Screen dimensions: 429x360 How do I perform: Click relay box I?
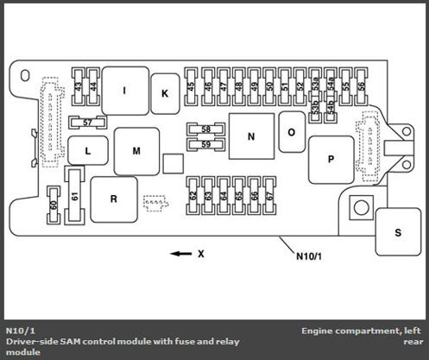(x=125, y=91)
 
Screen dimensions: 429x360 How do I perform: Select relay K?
(x=165, y=93)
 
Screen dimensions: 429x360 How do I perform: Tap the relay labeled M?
(x=136, y=151)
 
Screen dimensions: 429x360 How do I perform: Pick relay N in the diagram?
(x=251, y=136)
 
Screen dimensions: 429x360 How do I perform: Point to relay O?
(x=292, y=132)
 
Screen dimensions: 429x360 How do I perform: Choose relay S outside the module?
(x=398, y=232)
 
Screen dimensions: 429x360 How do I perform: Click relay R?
(x=114, y=199)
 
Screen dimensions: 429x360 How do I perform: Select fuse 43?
(x=79, y=86)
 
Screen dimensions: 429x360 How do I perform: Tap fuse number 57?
(x=87, y=123)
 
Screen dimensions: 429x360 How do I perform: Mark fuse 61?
(x=75, y=196)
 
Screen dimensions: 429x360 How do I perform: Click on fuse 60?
(x=54, y=205)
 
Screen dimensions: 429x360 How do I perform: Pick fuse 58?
(x=205, y=129)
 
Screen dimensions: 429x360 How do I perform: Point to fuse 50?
(x=269, y=86)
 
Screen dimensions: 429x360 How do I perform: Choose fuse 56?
(x=362, y=86)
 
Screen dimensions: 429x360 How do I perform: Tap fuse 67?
(x=269, y=196)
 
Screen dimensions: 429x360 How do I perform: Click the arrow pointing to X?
(x=181, y=254)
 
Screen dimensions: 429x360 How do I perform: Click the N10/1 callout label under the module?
(x=309, y=256)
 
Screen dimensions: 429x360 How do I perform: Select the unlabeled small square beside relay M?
(x=173, y=163)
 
